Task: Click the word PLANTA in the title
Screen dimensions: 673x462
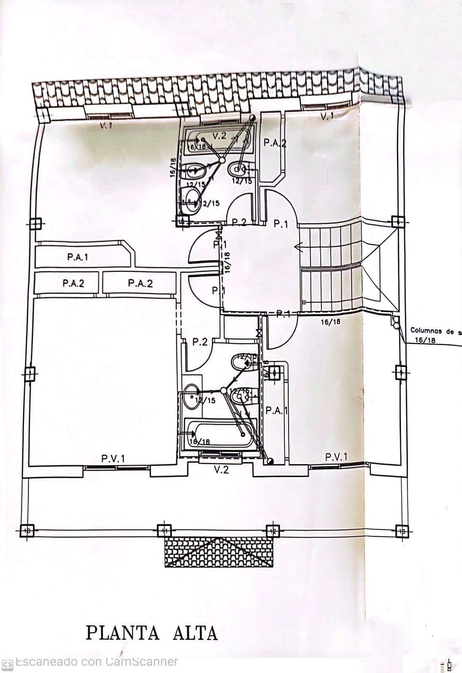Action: tap(123, 633)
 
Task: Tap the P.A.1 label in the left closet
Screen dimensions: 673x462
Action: tap(78, 257)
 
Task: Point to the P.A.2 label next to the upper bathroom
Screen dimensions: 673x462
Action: tap(275, 143)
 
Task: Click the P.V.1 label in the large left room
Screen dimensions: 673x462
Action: tap(113, 458)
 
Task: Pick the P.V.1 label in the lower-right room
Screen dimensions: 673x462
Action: tap(336, 457)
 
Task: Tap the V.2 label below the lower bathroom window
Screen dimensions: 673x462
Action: tap(221, 470)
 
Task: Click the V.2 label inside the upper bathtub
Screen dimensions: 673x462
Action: tap(219, 136)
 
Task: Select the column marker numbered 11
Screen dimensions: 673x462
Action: tap(164, 531)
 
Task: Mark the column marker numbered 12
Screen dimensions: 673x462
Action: tap(273, 531)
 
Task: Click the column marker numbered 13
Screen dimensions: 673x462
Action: tap(402, 531)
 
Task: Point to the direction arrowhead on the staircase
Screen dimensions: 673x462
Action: tap(298, 248)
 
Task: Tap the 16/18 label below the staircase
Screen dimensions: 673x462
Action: tap(331, 322)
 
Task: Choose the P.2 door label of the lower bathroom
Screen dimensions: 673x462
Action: tap(200, 342)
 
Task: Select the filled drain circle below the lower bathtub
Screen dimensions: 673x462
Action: tap(270, 461)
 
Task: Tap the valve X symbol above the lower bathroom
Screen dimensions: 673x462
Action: tap(258, 333)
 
